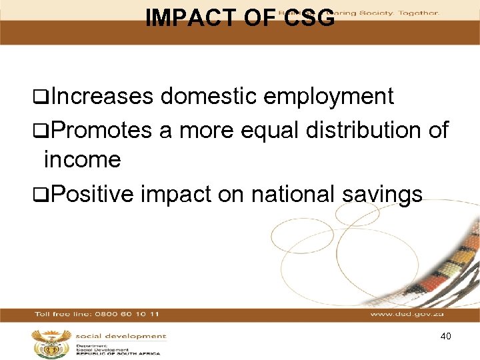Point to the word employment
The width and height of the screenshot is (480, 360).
click(329, 97)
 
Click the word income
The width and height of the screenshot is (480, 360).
click(81, 160)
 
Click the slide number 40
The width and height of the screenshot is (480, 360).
click(446, 336)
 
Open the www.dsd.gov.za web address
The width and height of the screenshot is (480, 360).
click(406, 313)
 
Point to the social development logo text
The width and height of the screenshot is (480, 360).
click(121, 336)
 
